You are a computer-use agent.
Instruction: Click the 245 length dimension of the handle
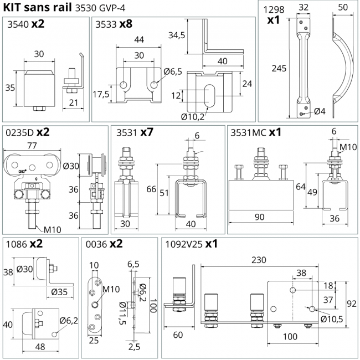tap(278, 68)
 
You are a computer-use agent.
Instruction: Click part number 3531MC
tap(248, 133)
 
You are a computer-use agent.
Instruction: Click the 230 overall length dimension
tap(258, 259)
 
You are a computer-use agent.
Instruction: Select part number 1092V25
tap(182, 244)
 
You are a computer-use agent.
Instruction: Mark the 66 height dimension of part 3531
tap(150, 189)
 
